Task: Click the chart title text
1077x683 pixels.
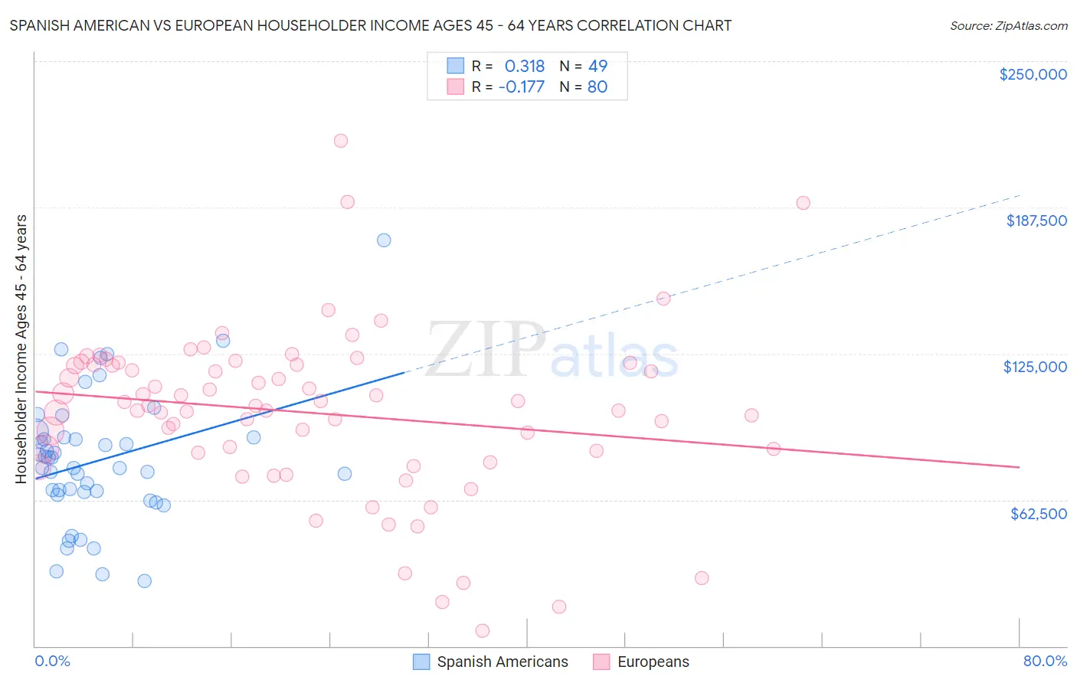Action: point(370,25)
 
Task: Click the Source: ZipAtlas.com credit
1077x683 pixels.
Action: point(1008,25)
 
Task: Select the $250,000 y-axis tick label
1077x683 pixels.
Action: point(1033,74)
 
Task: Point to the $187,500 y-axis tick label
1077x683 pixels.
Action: point(1036,221)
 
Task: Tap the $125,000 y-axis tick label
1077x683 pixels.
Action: point(1035,367)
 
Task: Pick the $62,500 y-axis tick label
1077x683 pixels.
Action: point(1038,514)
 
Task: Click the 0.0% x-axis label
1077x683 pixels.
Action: point(52,661)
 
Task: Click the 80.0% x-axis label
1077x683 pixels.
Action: point(1045,661)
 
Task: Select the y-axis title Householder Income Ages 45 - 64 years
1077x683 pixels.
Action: point(21,349)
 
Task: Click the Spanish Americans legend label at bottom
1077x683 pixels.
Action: point(502,662)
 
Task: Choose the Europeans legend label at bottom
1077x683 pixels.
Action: point(653,662)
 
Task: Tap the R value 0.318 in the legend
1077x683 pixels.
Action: point(524,67)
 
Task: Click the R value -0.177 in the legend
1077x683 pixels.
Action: point(521,87)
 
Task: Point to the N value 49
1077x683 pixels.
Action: point(597,67)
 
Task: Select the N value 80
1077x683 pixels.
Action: point(597,87)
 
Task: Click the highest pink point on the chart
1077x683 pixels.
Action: point(341,141)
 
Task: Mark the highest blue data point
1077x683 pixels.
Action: point(384,240)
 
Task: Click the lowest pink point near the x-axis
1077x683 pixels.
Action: point(483,631)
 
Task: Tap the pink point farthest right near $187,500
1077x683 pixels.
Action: point(803,203)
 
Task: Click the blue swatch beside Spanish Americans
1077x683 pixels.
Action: point(421,662)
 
